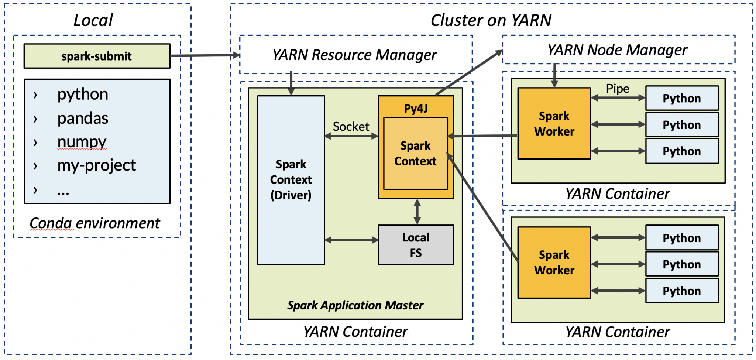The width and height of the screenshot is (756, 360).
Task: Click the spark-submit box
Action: click(x=97, y=56)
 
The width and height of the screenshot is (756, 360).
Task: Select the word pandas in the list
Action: click(x=83, y=119)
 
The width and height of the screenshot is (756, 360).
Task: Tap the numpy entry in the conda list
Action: click(x=82, y=142)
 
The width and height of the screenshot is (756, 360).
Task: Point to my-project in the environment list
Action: click(x=96, y=165)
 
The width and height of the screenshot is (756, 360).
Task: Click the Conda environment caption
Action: click(x=94, y=223)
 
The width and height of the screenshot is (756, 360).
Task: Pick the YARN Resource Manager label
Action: click(x=354, y=55)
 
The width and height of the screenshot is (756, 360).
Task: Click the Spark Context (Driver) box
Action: click(x=291, y=180)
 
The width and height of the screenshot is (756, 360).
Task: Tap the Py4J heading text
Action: click(x=416, y=108)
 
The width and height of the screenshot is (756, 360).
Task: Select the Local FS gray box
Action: click(x=416, y=245)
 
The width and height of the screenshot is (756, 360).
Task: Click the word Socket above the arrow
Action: click(x=351, y=127)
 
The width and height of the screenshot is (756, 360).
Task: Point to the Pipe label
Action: click(x=618, y=89)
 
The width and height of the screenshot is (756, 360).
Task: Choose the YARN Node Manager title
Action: click(x=617, y=50)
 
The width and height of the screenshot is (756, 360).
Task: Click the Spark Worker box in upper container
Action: click(x=554, y=124)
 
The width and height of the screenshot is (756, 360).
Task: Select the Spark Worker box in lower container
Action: click(x=554, y=263)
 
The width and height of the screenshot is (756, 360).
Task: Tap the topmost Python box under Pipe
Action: click(x=681, y=98)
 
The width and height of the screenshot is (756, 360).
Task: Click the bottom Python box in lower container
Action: click(x=681, y=291)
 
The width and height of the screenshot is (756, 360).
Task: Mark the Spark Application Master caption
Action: click(x=355, y=305)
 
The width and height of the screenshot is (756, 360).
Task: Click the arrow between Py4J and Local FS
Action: click(x=417, y=212)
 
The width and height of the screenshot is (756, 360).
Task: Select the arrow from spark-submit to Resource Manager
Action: click(x=205, y=56)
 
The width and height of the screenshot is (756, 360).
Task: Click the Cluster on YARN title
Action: click(x=491, y=20)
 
